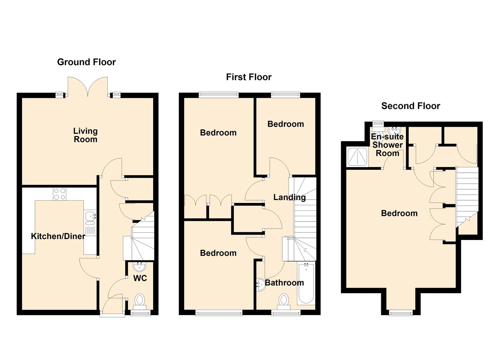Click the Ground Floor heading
tap(87, 62)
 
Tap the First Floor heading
tap(249, 77)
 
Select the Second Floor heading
tap(411, 106)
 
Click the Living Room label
tap(86, 135)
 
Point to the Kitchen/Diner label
tap(58, 236)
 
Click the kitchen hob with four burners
tap(60, 194)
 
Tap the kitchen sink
tap(90, 218)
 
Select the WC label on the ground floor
tap(140, 278)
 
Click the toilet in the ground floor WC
tap(140, 302)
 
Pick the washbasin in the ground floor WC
tap(139, 267)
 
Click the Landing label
tap(290, 197)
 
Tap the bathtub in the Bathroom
tap(306, 283)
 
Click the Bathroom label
tap(285, 283)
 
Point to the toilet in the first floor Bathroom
tap(284, 302)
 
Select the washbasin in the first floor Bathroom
tap(261, 285)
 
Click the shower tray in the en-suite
tap(357, 157)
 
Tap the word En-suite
tap(387, 136)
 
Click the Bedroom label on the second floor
tap(399, 213)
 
